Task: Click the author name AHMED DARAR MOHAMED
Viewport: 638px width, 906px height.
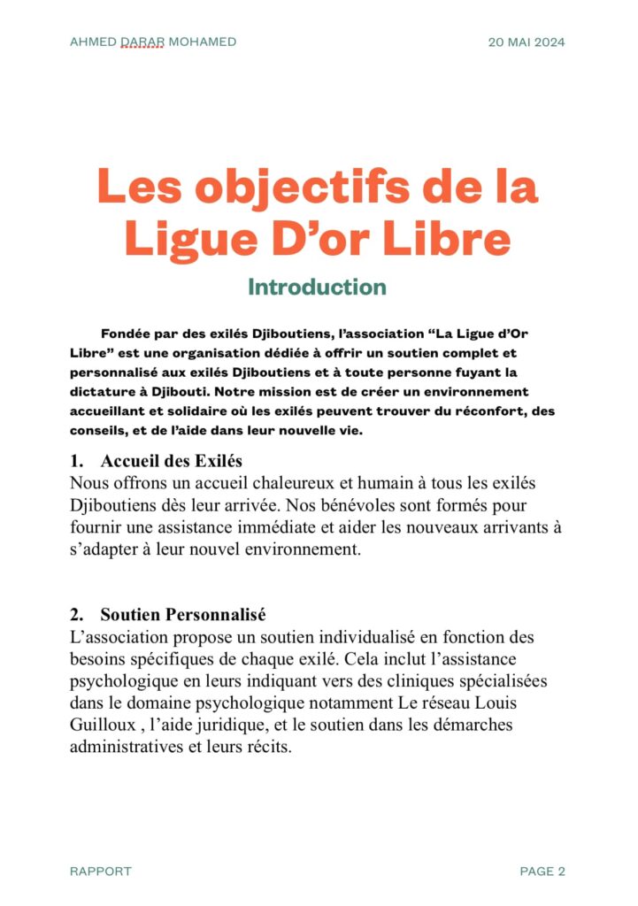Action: [153, 42]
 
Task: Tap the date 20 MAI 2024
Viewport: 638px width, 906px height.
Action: [527, 42]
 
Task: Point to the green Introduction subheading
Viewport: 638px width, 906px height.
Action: [317, 288]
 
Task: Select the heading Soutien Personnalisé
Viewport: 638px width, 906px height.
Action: [183, 615]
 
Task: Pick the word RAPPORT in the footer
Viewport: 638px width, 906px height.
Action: [100, 871]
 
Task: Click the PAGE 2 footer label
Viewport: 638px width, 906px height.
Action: [542, 871]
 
